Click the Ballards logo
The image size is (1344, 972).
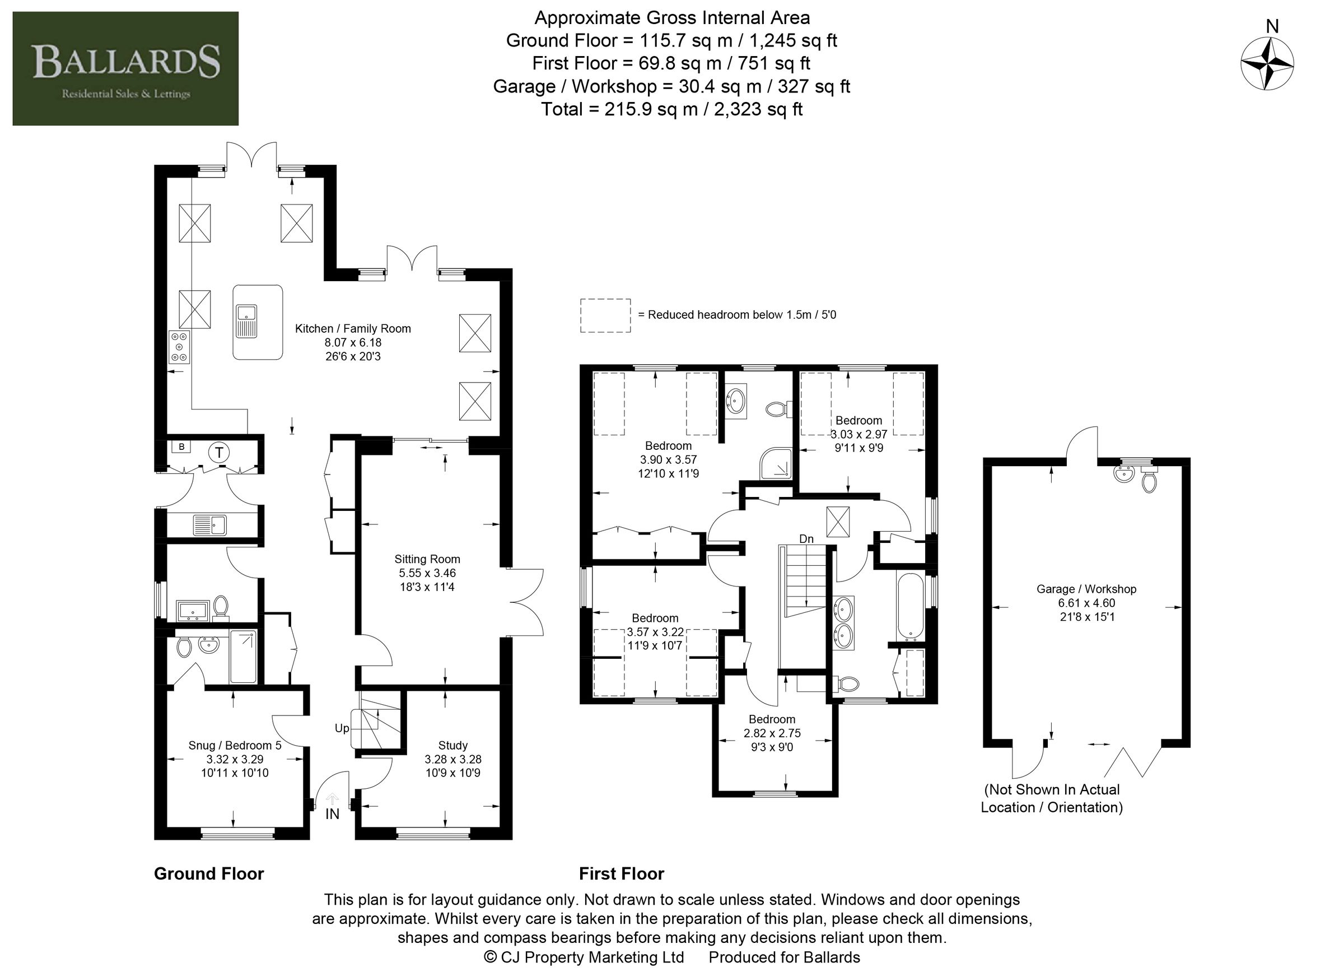point(125,68)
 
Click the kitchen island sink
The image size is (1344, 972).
point(245,320)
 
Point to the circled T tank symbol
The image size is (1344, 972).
point(220,453)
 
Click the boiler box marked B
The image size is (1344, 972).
point(181,447)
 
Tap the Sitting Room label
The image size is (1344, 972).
point(427,559)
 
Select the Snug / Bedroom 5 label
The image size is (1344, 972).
point(235,745)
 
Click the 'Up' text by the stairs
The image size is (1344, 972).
point(342,728)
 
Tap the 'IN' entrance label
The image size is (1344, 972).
point(333,815)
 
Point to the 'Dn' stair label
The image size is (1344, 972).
point(806,539)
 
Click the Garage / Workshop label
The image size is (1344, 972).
point(1086,589)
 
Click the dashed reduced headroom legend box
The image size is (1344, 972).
point(605,315)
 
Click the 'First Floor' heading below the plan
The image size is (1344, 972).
point(621,873)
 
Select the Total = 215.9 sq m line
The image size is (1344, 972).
point(671,109)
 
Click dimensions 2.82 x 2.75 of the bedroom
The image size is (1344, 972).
point(772,733)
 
